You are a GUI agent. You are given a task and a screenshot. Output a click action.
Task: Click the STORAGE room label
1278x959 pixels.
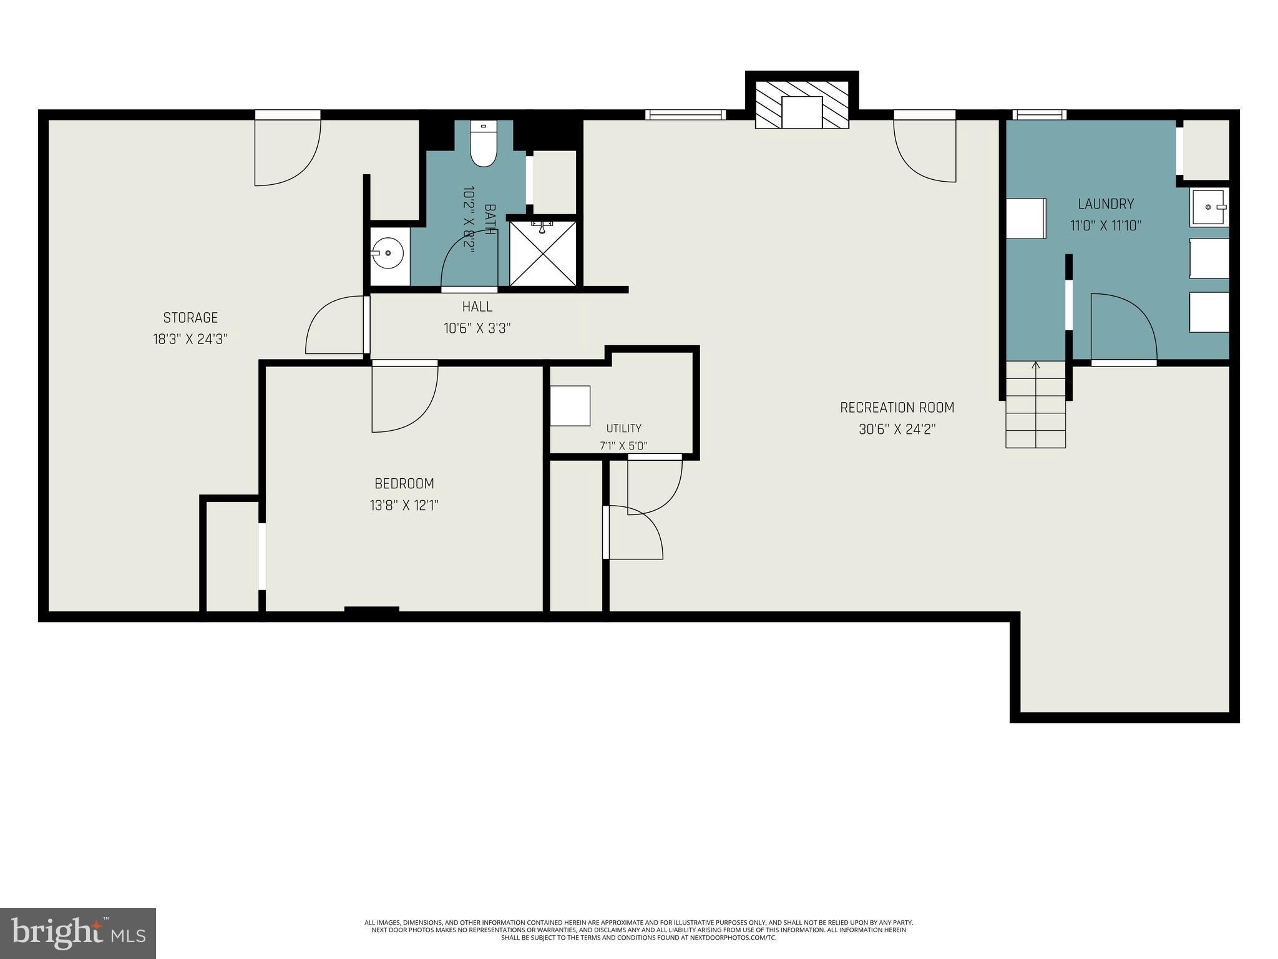[190, 318]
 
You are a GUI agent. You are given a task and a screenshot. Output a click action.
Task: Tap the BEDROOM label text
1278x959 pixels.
[404, 483]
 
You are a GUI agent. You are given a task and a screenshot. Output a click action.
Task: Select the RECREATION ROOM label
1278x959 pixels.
[897, 408]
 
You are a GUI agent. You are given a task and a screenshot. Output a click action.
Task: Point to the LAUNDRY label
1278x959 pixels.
[1106, 204]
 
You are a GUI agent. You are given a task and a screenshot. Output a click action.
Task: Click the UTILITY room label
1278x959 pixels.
[624, 428]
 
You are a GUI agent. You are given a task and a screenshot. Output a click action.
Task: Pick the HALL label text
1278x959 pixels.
[477, 307]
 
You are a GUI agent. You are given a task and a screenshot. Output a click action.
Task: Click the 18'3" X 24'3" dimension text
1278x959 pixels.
[190, 339]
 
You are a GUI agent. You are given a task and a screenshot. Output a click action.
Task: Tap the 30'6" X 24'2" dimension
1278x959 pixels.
[897, 430]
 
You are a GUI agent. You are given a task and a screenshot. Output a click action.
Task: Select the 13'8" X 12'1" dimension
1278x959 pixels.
[404, 505]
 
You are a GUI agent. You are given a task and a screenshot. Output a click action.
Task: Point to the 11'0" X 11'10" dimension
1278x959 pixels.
[1106, 225]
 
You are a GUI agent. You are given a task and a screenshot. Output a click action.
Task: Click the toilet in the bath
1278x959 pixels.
[483, 144]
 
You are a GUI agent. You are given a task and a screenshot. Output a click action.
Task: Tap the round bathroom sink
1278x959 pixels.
[388, 253]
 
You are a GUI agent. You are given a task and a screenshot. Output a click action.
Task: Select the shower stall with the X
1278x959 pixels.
[543, 253]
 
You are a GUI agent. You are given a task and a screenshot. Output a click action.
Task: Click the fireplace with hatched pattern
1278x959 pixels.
[802, 104]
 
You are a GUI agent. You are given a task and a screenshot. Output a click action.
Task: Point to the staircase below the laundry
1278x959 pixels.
[1035, 405]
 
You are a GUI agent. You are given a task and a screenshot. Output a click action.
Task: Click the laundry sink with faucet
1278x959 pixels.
[1209, 207]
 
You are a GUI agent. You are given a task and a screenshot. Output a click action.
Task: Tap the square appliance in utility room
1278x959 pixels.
[570, 406]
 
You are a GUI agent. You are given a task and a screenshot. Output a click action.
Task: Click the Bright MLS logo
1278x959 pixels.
[78, 933]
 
